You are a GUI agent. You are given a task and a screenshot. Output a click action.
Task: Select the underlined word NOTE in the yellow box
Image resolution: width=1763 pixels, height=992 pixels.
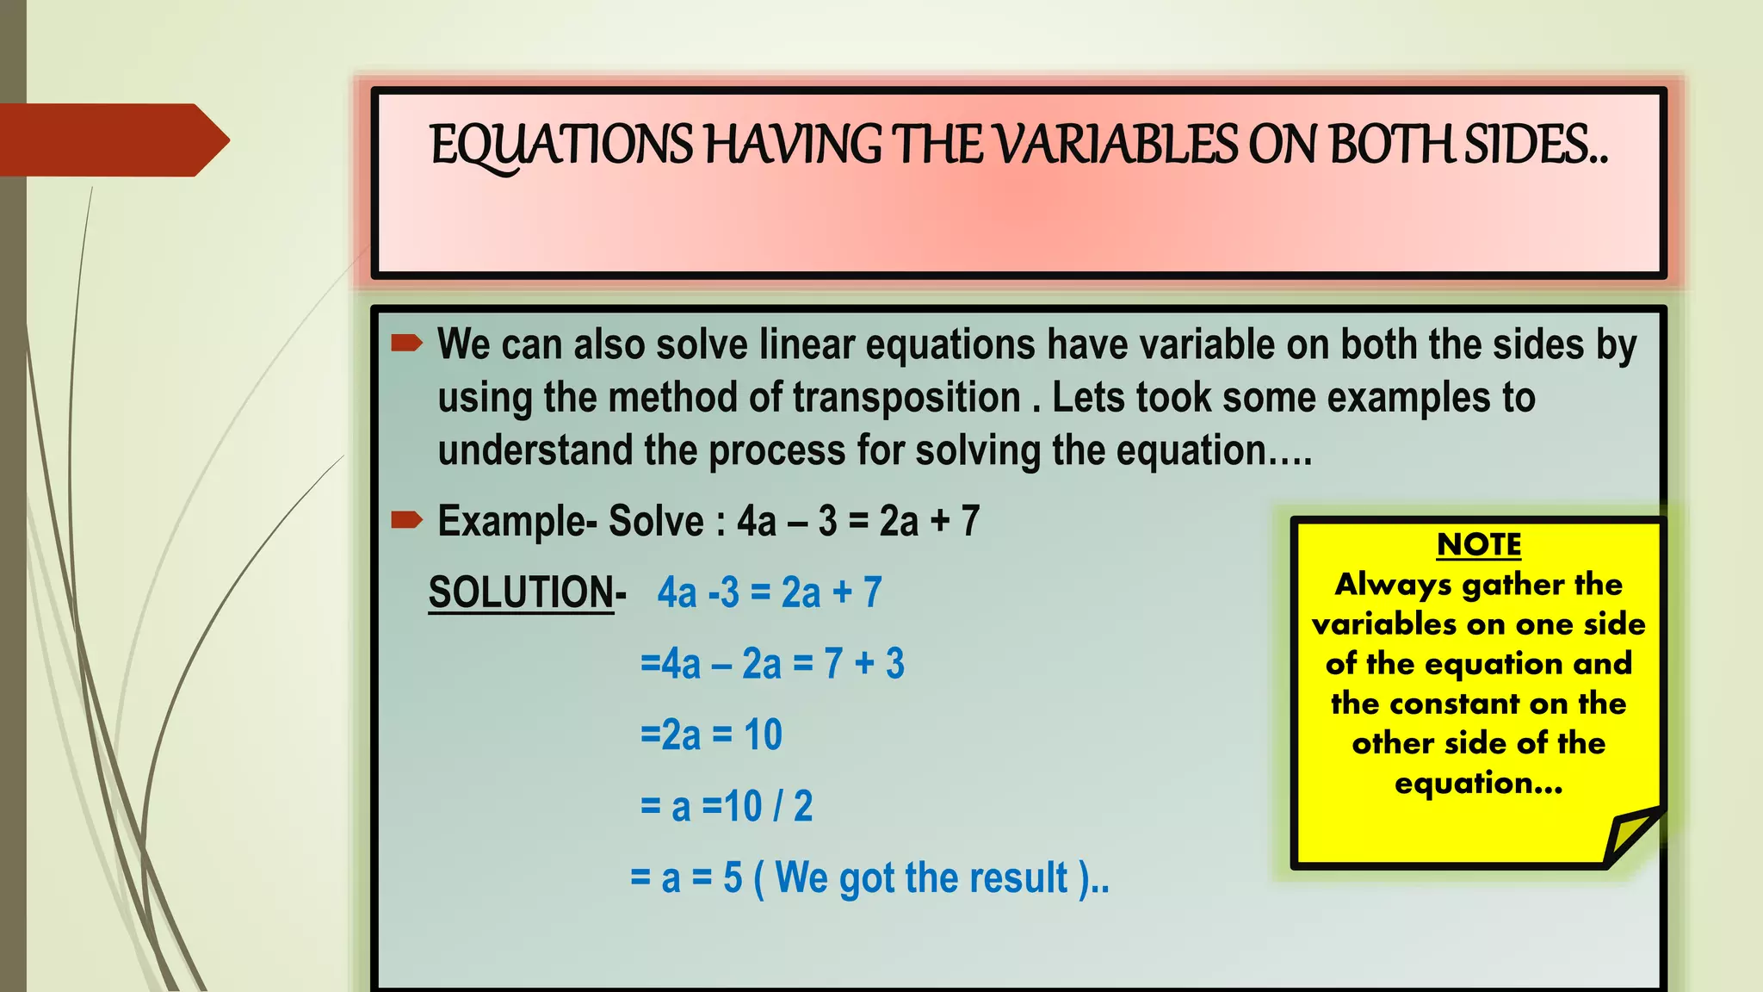tap(1479, 544)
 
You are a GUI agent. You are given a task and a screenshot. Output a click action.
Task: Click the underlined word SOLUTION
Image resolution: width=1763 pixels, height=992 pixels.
tap(521, 592)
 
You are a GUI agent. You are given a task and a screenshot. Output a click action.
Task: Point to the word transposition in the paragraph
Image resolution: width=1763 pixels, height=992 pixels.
tap(906, 398)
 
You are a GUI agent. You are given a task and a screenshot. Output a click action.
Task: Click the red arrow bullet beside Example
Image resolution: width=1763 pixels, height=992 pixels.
tap(406, 519)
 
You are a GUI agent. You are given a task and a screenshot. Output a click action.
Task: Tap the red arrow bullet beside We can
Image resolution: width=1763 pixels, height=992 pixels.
tap(406, 344)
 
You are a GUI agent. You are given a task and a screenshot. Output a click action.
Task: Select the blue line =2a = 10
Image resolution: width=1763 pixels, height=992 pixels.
tap(711, 735)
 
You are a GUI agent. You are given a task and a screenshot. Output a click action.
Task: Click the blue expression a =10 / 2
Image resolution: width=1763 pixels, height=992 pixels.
tap(741, 807)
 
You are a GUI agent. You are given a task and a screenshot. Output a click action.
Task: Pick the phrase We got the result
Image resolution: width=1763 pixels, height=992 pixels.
tap(921, 878)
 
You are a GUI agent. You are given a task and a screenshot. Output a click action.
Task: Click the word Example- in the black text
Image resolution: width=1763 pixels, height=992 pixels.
tap(517, 521)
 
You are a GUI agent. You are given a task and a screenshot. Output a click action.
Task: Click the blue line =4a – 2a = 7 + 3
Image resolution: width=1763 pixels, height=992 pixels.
tap(772, 664)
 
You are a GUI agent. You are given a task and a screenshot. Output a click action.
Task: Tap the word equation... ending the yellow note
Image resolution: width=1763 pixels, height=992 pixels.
tap(1478, 783)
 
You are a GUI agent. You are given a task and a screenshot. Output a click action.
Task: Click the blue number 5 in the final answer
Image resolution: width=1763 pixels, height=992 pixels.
tap(733, 878)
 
